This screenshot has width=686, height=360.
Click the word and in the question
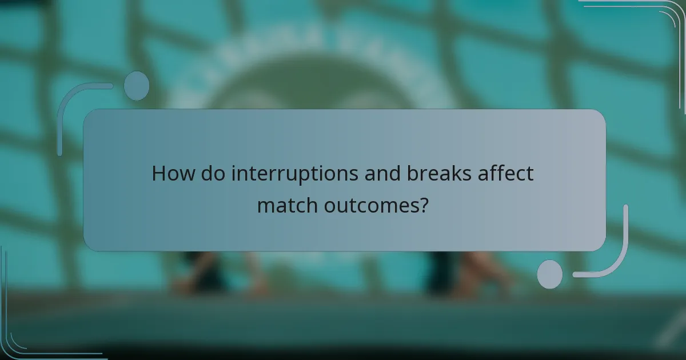tap(386, 174)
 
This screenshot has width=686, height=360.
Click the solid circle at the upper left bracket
tap(137, 86)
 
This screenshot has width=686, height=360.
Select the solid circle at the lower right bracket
tap(549, 274)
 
